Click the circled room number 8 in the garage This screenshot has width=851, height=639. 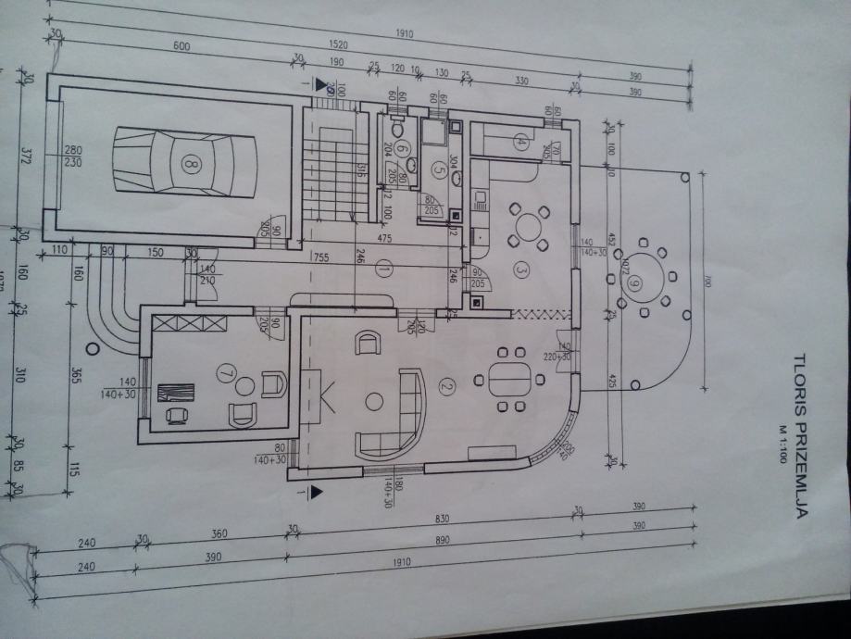pos(192,165)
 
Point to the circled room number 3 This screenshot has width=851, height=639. pos(520,270)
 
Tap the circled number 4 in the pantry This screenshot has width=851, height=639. pos(520,143)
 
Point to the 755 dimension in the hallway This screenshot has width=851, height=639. pos(322,258)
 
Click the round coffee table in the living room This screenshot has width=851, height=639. pos(374,402)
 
